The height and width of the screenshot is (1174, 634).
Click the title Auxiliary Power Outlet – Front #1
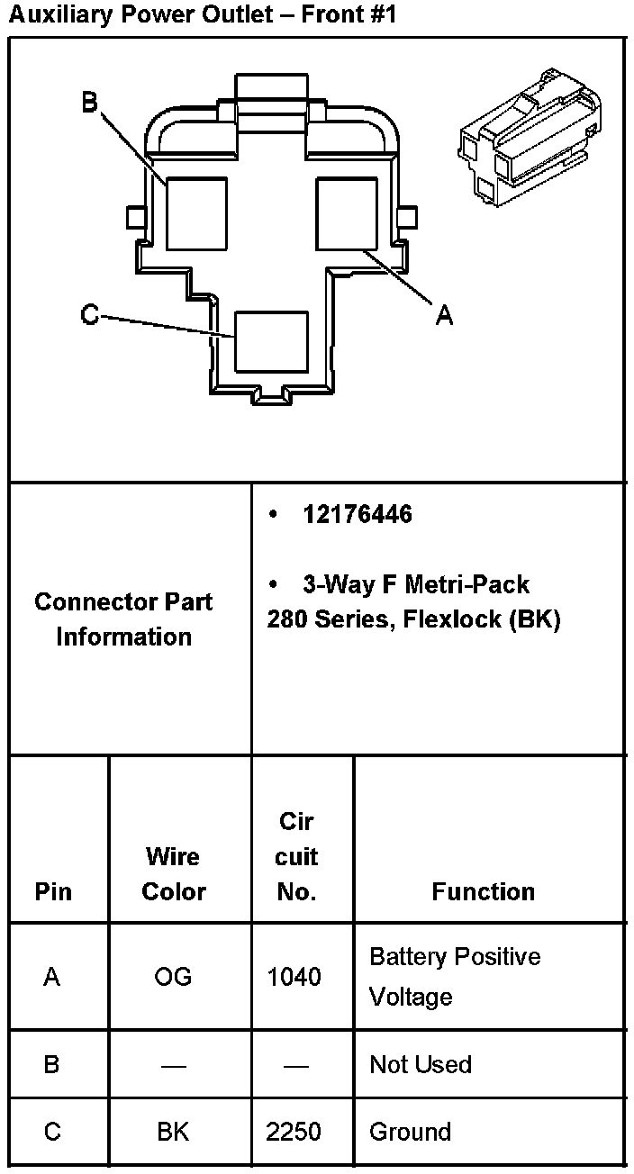click(x=202, y=14)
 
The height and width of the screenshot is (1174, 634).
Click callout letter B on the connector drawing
click(x=89, y=103)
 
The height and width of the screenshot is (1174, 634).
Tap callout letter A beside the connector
click(x=444, y=315)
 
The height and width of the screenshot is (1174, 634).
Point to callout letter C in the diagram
click(x=89, y=315)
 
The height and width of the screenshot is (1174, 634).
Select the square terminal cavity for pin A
click(x=346, y=213)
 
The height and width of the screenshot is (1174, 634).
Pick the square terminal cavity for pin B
click(x=197, y=213)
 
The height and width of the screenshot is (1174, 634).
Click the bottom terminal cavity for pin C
click(x=271, y=341)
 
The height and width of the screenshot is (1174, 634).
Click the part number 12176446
click(x=358, y=514)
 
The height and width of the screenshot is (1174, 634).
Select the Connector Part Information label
click(x=124, y=619)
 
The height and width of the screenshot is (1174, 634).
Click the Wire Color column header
click(x=174, y=873)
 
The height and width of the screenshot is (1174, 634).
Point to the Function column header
click(x=484, y=891)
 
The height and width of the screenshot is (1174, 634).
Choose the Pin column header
click(x=53, y=891)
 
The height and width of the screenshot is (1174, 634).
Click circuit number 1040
click(x=294, y=977)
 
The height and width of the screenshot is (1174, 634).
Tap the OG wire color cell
click(x=173, y=977)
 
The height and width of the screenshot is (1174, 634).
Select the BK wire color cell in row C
click(x=173, y=1132)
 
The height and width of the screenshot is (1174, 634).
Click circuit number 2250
click(x=294, y=1132)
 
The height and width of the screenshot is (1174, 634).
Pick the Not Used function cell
click(x=421, y=1064)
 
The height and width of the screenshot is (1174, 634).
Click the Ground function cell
click(x=410, y=1132)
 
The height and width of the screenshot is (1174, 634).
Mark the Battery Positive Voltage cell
click(x=455, y=977)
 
